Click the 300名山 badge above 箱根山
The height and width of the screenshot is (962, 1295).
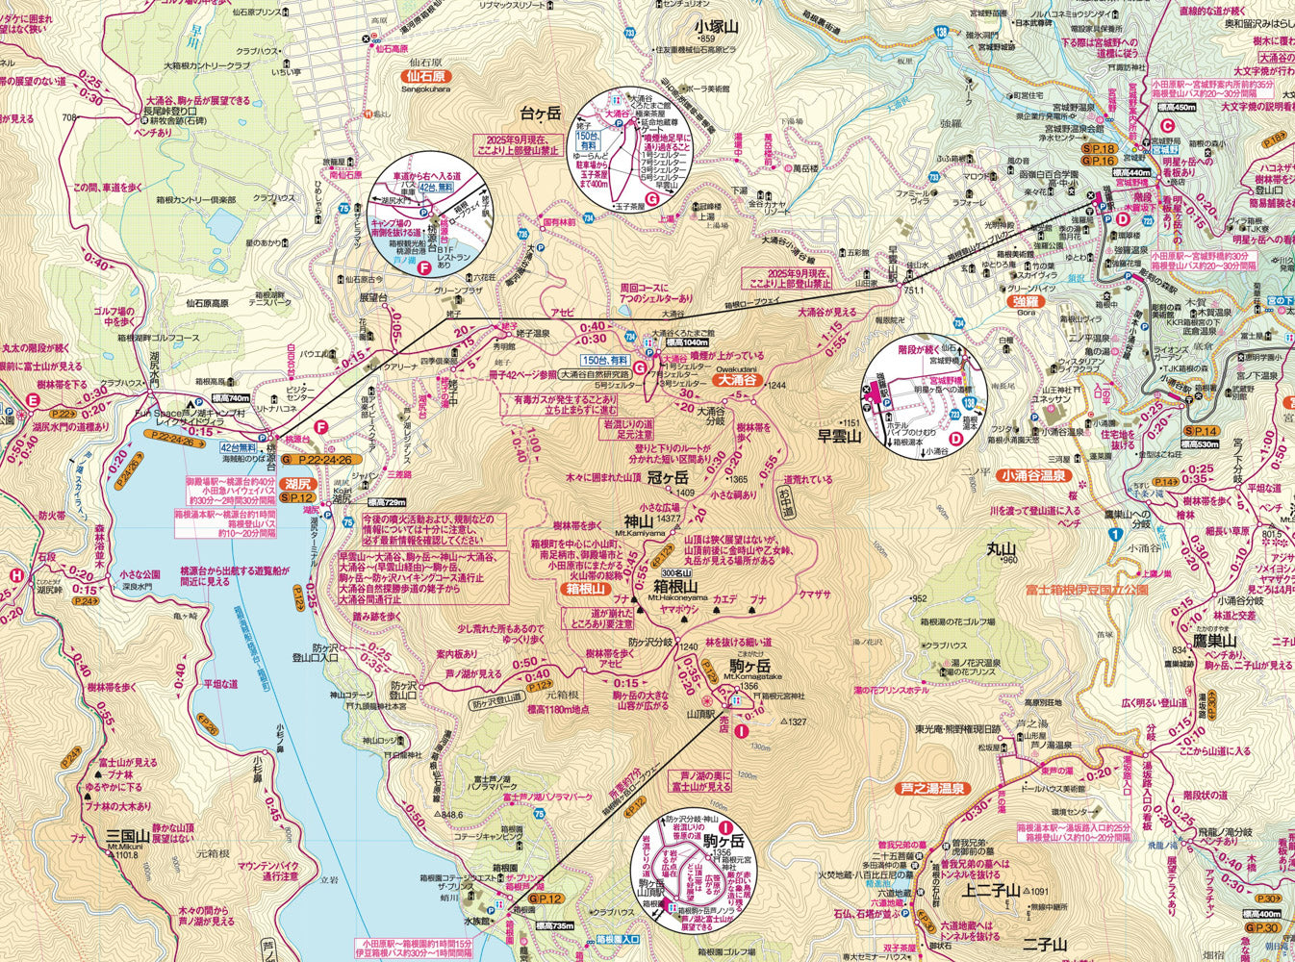point(691,573)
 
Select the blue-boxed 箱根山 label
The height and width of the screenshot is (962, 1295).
point(587,589)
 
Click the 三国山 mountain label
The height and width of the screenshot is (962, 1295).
point(126,836)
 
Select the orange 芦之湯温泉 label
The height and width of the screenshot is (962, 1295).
point(931,789)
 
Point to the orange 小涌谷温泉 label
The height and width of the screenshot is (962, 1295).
point(1034,475)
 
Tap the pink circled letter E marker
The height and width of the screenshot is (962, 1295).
point(34,401)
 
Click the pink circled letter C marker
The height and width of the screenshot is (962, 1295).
point(1167,125)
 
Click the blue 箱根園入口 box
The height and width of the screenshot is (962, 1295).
point(617,938)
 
